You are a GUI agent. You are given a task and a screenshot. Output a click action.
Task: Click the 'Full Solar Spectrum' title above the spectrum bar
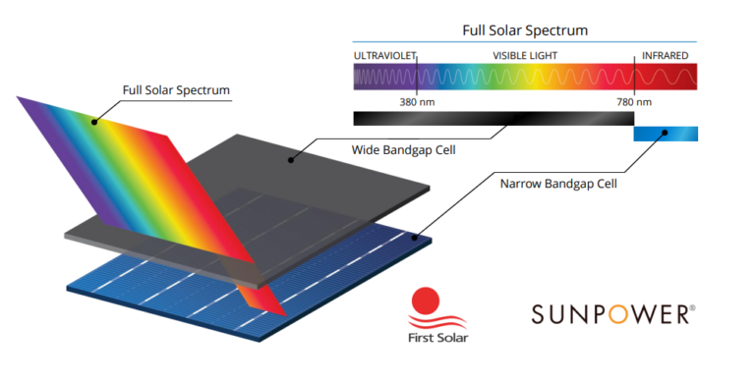(x=525, y=30)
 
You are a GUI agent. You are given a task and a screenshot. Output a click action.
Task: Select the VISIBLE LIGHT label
(x=525, y=56)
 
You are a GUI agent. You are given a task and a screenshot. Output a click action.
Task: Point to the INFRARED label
(x=665, y=56)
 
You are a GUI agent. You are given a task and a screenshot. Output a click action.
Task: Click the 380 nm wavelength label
(x=402, y=101)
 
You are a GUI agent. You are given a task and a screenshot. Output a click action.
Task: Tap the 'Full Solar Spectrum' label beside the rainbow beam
(x=176, y=91)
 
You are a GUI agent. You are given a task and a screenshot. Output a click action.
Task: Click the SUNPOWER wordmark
(x=613, y=314)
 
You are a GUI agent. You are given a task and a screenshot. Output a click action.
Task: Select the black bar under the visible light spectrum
(x=492, y=119)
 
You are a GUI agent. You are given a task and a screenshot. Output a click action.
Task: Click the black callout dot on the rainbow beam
(x=95, y=123)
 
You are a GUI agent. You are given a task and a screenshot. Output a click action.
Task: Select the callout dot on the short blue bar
(x=666, y=133)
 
